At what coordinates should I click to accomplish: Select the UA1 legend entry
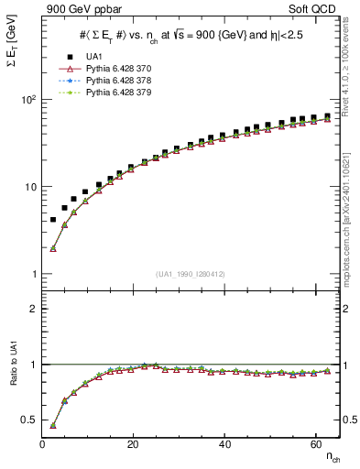click(x=93, y=57)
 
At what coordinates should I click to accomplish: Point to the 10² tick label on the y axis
click(x=27, y=99)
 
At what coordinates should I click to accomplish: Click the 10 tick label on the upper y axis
click(x=29, y=187)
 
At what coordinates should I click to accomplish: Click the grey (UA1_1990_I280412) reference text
click(x=191, y=273)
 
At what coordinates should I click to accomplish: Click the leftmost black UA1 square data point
click(x=53, y=220)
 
